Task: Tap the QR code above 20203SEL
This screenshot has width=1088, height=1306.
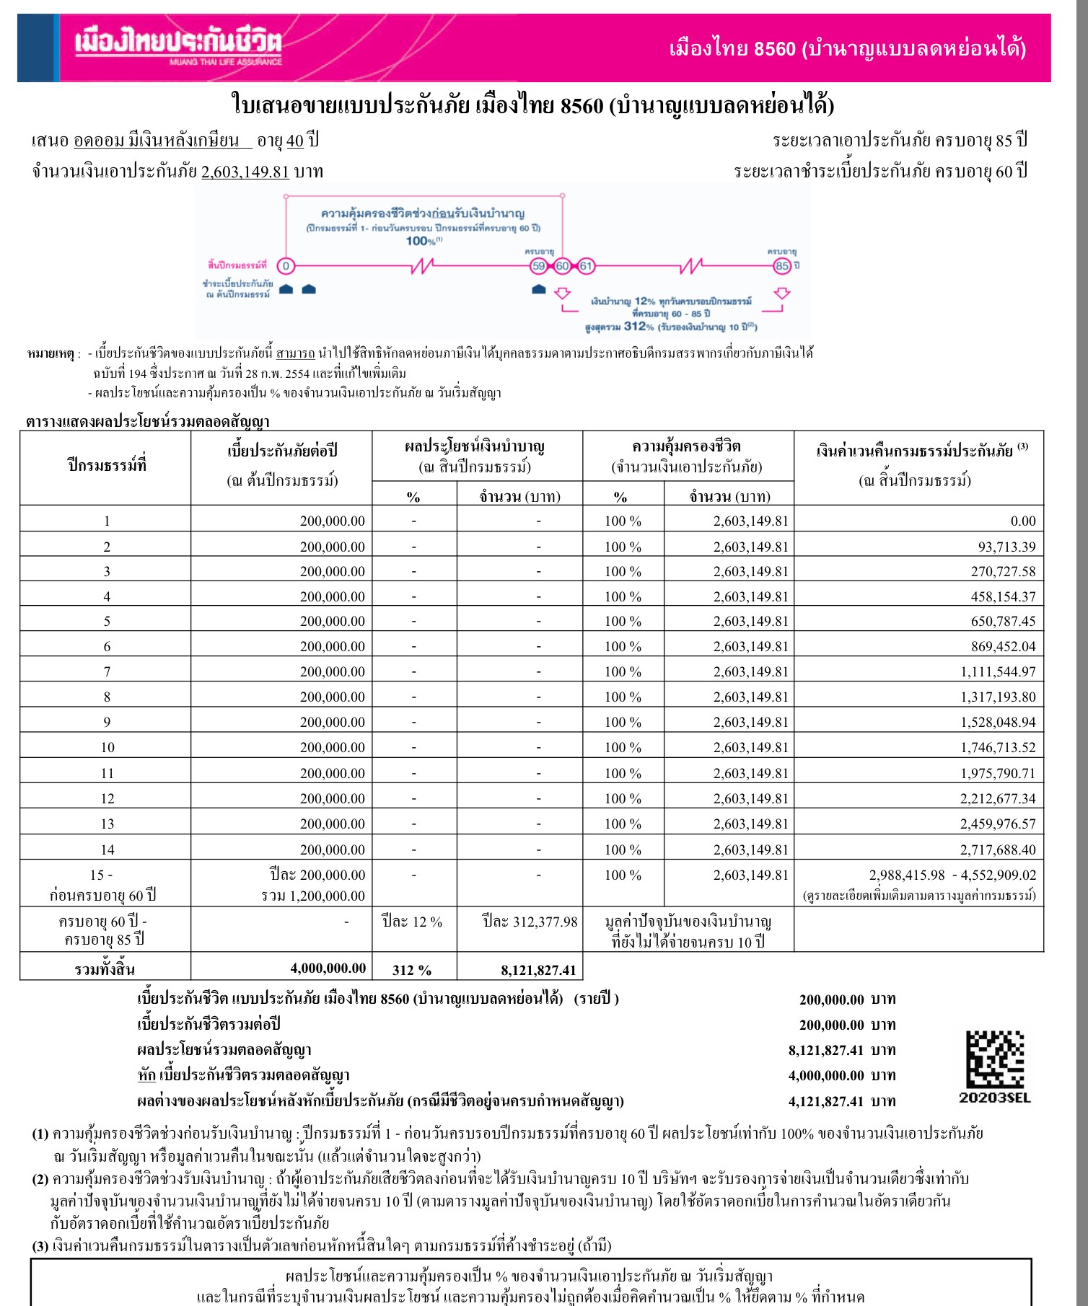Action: pyautogui.click(x=995, y=1059)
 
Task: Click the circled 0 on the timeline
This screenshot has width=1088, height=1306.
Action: pyautogui.click(x=286, y=266)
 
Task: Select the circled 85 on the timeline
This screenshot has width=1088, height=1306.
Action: pyautogui.click(x=782, y=266)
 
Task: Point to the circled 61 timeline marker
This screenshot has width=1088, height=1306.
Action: pyautogui.click(x=586, y=266)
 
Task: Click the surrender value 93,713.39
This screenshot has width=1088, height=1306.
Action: pyautogui.click(x=1006, y=547)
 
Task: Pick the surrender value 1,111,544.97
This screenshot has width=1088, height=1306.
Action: pyautogui.click(x=998, y=671)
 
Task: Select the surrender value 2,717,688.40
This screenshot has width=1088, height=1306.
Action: pyautogui.click(x=998, y=850)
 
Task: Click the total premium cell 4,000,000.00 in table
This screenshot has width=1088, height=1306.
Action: pyautogui.click(x=328, y=969)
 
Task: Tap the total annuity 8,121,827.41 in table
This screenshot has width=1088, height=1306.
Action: pyautogui.click(x=538, y=970)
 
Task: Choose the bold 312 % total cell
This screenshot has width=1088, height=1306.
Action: pyautogui.click(x=412, y=970)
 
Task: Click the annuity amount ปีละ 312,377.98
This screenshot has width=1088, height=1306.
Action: pyautogui.click(x=530, y=922)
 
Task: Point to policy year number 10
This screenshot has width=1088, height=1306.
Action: pyautogui.click(x=108, y=747)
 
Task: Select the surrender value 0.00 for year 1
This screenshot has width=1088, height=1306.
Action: pyautogui.click(x=1023, y=521)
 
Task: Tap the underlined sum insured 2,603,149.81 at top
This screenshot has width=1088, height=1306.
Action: pyautogui.click(x=245, y=172)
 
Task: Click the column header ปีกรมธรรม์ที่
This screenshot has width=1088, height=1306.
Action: pyautogui.click(x=107, y=466)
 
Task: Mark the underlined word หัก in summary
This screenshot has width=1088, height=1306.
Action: pyautogui.click(x=146, y=1075)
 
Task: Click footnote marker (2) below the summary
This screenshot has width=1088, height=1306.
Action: pyautogui.click(x=40, y=1179)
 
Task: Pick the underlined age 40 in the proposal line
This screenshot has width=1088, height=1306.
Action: pyautogui.click(x=295, y=140)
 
